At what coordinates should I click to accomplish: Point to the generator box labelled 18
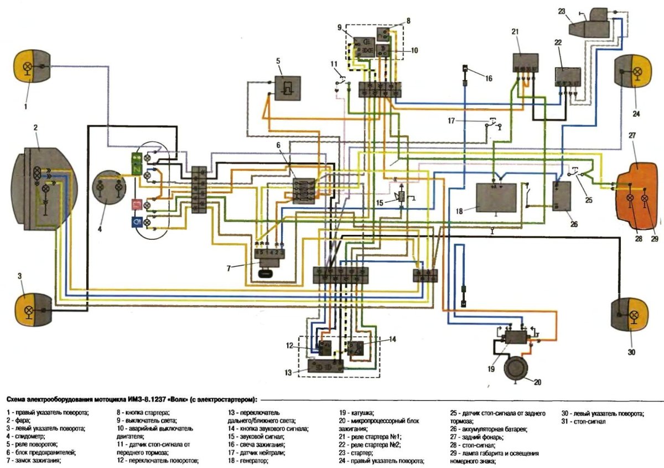point(496,197)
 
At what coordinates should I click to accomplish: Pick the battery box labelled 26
point(563,196)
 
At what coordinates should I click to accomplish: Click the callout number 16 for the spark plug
point(488,78)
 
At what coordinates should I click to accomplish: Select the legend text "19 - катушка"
point(357,413)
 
